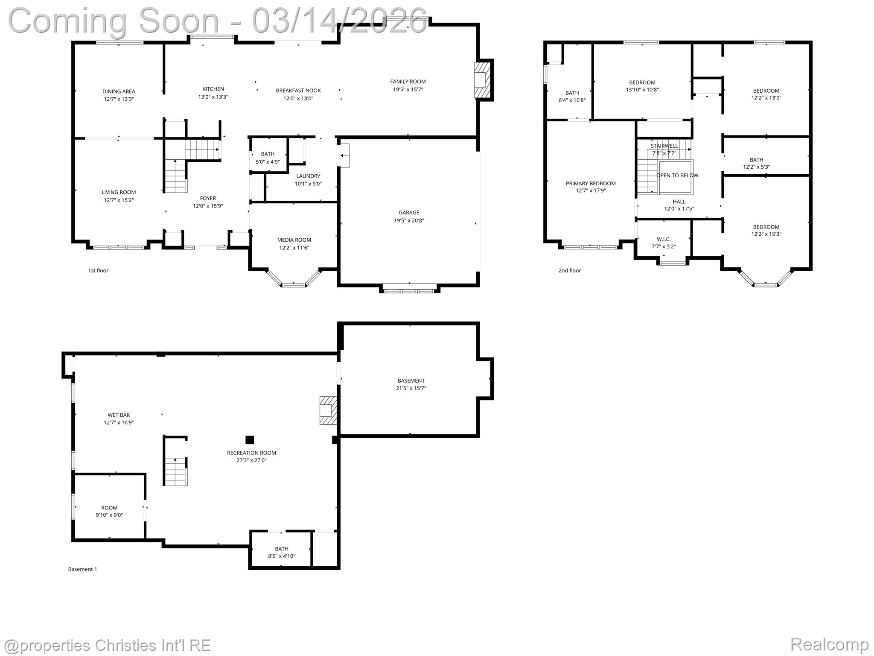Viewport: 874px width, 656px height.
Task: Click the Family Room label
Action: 408,82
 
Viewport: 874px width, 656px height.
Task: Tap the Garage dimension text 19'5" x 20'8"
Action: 408,220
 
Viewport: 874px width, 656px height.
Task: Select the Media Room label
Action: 294,240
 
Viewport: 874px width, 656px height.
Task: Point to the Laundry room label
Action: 308,176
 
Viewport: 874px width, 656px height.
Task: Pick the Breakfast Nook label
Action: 298,91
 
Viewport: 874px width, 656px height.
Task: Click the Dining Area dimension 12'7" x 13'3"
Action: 119,99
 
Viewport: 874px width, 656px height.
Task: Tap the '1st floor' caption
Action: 98,270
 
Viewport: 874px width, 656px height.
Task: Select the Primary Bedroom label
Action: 591,184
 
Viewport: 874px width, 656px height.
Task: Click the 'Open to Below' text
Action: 677,176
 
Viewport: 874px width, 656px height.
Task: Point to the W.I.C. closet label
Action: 664,239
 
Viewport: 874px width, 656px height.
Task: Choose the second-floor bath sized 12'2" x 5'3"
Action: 756,164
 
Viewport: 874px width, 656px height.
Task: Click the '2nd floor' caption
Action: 569,270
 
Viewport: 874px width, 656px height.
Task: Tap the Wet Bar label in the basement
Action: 119,415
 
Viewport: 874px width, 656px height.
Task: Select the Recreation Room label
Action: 251,453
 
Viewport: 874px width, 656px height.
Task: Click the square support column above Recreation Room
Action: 250,440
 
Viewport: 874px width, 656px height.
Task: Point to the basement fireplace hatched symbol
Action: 328,410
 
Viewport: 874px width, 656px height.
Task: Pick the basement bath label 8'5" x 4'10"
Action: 281,552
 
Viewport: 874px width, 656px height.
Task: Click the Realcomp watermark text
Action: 829,644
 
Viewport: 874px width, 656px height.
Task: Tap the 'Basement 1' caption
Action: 82,569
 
